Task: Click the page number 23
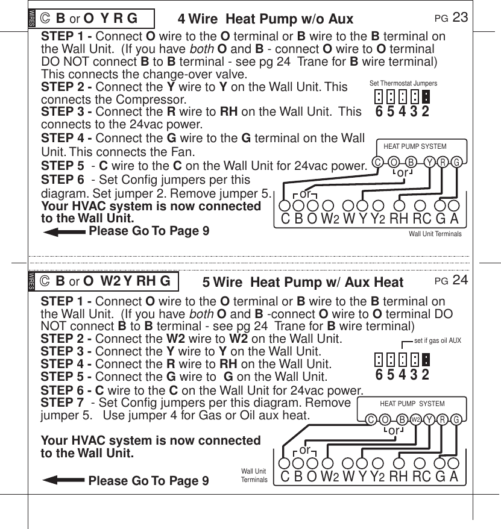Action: click(460, 17)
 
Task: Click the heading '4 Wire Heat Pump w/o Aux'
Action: click(265, 19)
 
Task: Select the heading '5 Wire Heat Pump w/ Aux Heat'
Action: click(303, 282)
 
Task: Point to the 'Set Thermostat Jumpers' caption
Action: click(403, 83)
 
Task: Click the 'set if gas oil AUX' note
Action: click(438, 340)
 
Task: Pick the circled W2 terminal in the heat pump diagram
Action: click(415, 419)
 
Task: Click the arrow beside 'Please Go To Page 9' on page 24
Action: click(63, 480)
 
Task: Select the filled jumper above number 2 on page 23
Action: click(426, 96)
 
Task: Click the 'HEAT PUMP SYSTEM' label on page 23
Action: click(415, 146)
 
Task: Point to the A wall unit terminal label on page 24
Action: click(453, 477)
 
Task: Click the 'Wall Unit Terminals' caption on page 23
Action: click(435, 234)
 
